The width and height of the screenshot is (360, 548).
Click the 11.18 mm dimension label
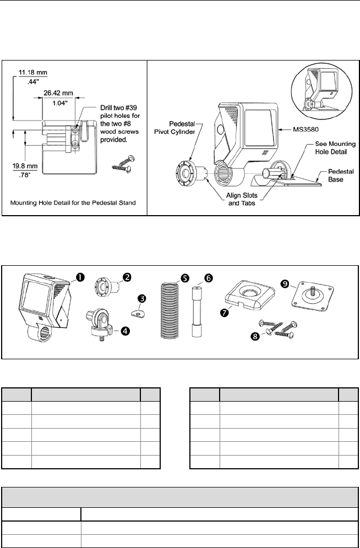tap(29, 72)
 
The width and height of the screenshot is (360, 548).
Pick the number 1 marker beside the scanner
tap(80, 277)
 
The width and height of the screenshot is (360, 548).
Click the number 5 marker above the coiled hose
tap(179, 278)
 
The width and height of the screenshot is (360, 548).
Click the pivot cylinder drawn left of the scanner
tap(189, 171)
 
